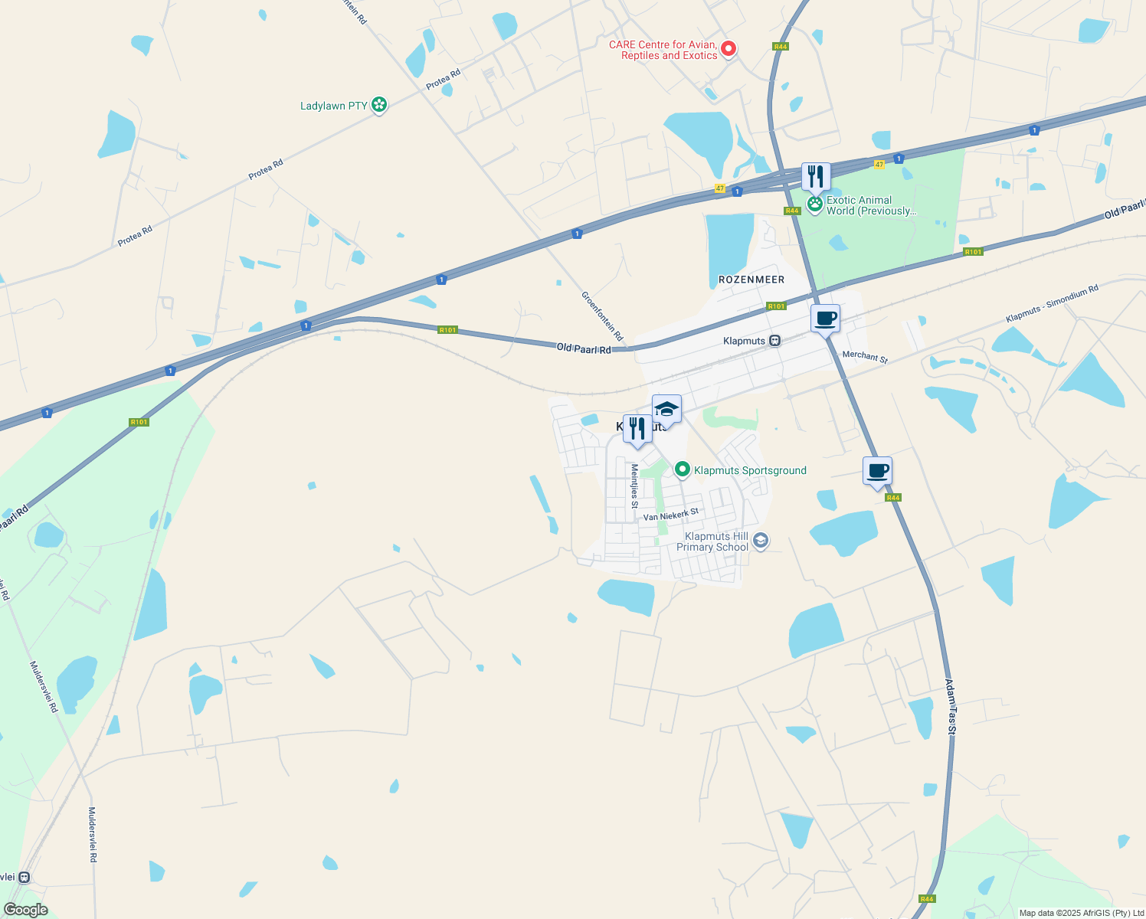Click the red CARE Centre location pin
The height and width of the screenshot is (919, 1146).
coord(729,49)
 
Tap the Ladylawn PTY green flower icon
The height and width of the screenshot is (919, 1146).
coord(378,105)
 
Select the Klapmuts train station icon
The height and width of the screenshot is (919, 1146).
coord(775,341)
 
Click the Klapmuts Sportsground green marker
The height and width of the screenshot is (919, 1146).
coord(682,469)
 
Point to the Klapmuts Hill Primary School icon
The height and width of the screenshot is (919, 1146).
coord(760,541)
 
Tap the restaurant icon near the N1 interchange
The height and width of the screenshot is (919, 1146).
coord(816,177)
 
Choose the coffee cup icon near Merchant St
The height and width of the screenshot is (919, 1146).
coord(825,319)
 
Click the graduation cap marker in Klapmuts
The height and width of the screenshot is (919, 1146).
coord(666,409)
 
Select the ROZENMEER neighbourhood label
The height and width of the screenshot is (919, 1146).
coord(751,280)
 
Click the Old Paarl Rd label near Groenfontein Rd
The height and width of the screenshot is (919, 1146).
coord(584,348)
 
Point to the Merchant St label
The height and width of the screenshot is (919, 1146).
coord(865,356)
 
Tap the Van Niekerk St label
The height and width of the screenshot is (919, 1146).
coord(671,515)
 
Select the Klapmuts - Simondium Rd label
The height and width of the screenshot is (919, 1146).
coord(1052,303)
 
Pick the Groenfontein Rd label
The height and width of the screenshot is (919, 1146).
coord(602,316)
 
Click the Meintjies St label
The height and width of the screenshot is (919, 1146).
coord(634,486)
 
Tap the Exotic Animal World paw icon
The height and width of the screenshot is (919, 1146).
coord(814,205)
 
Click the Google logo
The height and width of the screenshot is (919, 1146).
coord(25,910)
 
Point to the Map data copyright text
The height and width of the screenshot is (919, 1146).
coord(1081,913)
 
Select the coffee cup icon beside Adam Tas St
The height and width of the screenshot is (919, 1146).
coord(877,471)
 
